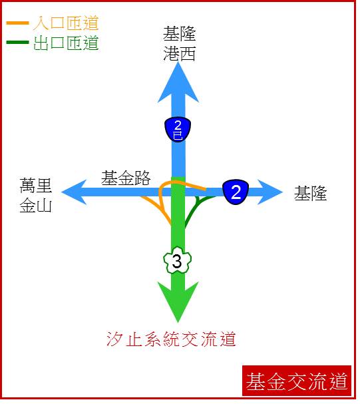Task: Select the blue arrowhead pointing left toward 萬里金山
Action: tap(75, 192)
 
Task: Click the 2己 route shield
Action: tap(178, 129)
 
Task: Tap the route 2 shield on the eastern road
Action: tap(236, 192)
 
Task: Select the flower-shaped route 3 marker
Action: tap(178, 260)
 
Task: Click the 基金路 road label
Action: tap(126, 178)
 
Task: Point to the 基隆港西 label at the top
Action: tap(180, 43)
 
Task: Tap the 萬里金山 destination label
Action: tap(36, 195)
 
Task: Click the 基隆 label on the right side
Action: tap(311, 193)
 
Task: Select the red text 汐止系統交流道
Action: tap(171, 339)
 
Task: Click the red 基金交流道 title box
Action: tap(297, 381)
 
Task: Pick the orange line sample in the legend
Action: tap(17, 23)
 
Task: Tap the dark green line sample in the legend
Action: tap(17, 42)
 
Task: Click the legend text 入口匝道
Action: tap(66, 23)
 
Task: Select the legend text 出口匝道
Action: tap(66, 43)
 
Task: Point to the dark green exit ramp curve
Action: tap(194, 208)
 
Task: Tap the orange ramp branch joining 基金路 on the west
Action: tap(158, 209)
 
